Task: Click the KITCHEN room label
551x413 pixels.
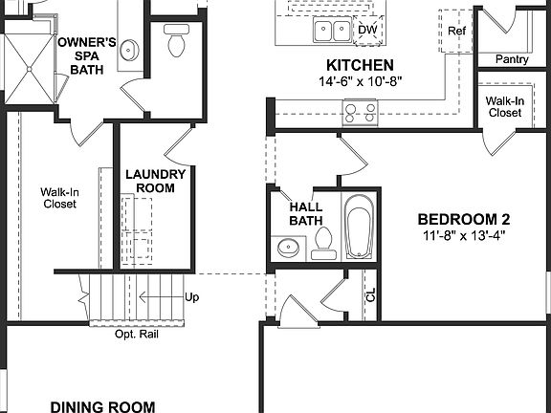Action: (360, 65)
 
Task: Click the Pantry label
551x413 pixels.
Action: (513, 59)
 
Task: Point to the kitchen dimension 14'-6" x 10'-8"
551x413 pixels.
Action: (360, 81)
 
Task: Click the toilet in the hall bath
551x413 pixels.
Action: (322, 245)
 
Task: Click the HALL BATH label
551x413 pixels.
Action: (306, 213)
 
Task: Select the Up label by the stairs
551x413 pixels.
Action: (191, 297)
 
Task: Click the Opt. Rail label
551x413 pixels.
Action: (137, 335)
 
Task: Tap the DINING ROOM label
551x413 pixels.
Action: (102, 406)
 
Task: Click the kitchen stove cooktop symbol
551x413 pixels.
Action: (361, 114)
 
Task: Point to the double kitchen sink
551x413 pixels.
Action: (331, 32)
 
